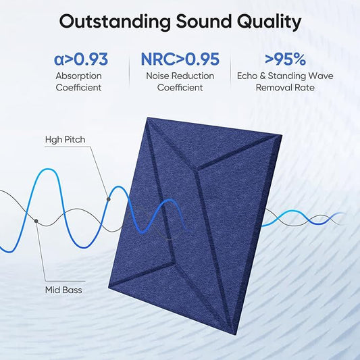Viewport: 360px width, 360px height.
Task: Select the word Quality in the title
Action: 267,22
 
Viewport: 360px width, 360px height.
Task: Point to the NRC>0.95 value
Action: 180,59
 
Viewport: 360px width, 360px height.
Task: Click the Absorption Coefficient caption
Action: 79,81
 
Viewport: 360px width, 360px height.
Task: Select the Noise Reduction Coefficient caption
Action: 180,81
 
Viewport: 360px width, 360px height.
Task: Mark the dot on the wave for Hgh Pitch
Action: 108,199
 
